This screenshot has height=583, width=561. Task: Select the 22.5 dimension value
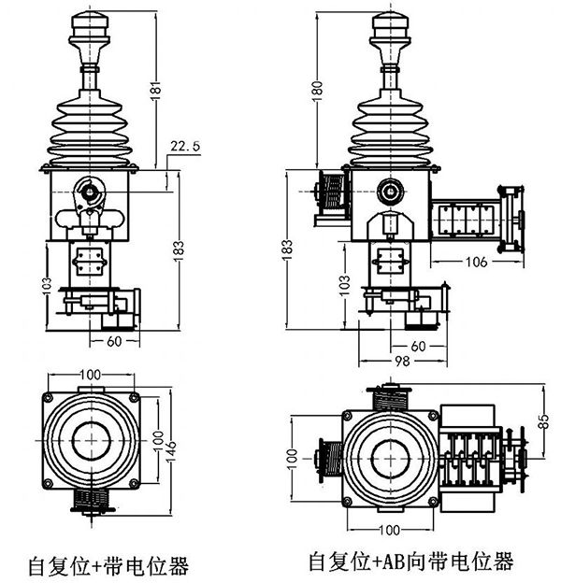click(184, 145)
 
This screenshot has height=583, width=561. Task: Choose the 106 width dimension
click(476, 262)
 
